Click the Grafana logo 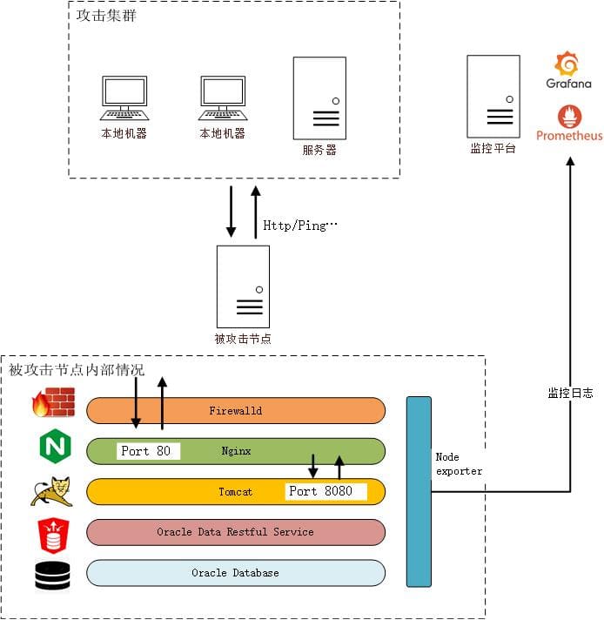[x=568, y=64]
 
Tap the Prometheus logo [x=569, y=117]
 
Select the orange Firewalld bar [x=235, y=410]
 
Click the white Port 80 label [x=148, y=451]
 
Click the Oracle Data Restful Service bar [x=235, y=532]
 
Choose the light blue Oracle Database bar [x=235, y=573]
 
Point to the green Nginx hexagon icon [x=53, y=447]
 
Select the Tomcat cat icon [x=51, y=490]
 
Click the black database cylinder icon [x=52, y=576]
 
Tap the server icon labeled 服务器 [x=319, y=98]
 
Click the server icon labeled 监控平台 [x=493, y=96]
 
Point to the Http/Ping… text [x=299, y=226]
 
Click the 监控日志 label [x=570, y=394]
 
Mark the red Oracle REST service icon [x=52, y=532]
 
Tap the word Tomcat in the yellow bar [x=235, y=492]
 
